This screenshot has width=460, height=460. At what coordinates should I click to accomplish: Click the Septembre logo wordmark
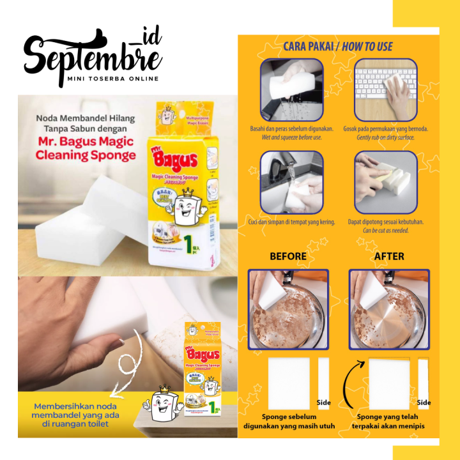93,54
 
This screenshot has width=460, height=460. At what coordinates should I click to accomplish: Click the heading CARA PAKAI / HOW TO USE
338,46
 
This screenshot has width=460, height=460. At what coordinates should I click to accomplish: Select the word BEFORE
287,256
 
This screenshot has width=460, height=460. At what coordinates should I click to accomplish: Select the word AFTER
389,256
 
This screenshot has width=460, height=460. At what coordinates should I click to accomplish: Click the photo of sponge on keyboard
385,90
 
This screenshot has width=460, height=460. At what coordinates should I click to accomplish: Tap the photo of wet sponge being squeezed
291,90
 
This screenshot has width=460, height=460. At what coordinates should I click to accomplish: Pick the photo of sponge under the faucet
291,183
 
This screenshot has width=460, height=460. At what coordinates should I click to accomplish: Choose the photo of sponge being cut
385,183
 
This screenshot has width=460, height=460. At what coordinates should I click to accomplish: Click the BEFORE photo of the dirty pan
288,309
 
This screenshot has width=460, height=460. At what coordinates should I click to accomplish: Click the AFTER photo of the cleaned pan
389,309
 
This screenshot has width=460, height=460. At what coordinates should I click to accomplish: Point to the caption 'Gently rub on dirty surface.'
385,137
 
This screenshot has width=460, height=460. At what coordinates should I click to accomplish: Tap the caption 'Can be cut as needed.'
385,230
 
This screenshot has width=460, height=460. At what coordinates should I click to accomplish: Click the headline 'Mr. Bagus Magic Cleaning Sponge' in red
86,148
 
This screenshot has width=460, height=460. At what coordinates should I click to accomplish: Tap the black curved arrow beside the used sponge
349,383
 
